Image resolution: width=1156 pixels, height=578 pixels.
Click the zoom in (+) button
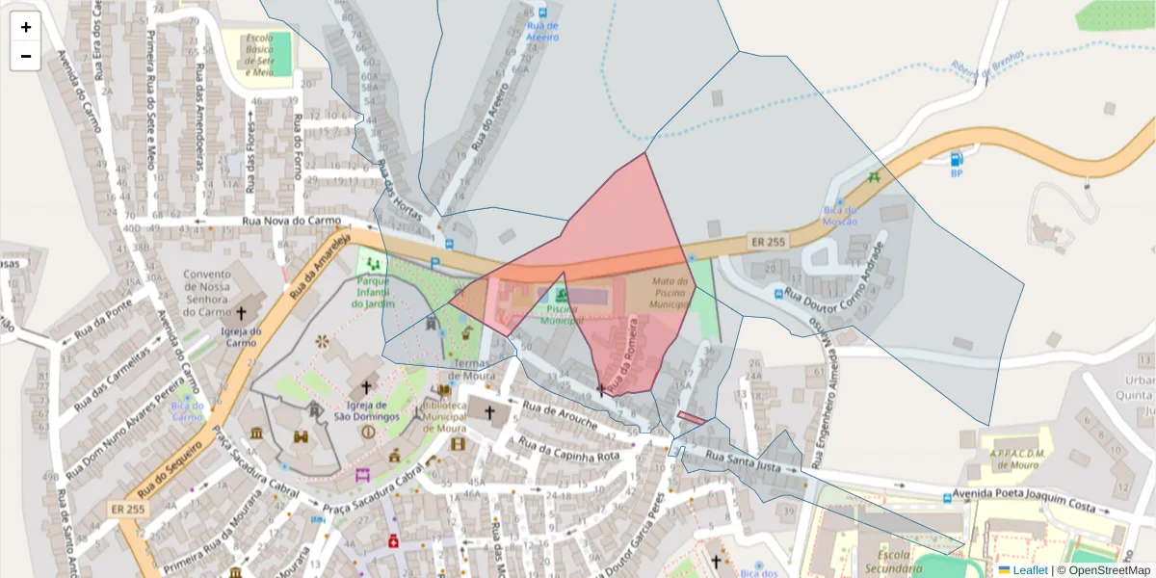pyautogui.click(x=26, y=27)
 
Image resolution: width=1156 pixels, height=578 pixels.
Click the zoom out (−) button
pyautogui.click(x=26, y=56)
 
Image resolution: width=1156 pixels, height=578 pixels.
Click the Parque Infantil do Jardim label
pyautogui.click(x=374, y=291)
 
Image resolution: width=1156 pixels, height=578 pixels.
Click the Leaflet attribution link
pyautogui.click(x=1030, y=569)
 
